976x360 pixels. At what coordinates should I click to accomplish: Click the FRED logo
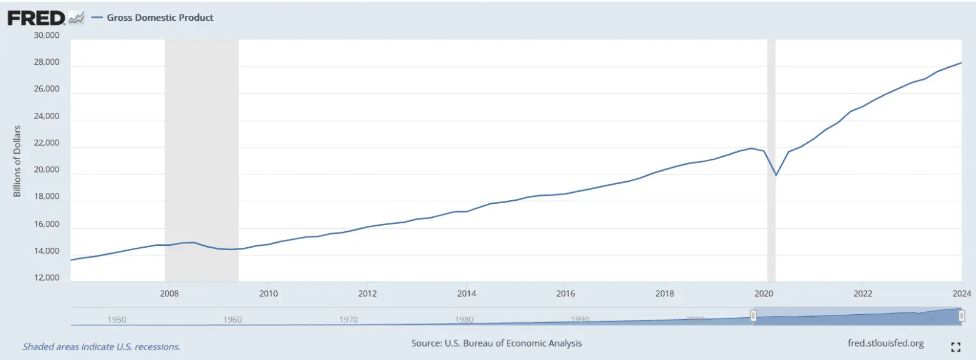pos(37,18)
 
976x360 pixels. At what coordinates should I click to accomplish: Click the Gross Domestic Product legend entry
pos(160,18)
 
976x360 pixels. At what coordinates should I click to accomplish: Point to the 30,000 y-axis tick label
pos(46,35)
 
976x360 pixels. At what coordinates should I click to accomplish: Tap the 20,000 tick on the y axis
pos(46,170)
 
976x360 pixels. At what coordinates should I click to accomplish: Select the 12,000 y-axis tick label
pos(46,278)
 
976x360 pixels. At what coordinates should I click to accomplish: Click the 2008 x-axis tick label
pos(169,293)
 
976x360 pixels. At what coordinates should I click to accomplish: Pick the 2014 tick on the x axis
pos(467,293)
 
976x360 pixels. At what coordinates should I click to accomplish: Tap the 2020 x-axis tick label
pos(764,293)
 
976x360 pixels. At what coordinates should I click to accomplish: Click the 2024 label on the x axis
pos(961,293)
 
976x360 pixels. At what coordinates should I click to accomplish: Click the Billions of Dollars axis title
pos(17,161)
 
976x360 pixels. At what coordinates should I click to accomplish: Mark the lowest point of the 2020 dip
pos(776,175)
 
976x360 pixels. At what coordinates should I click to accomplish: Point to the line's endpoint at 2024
pos(961,63)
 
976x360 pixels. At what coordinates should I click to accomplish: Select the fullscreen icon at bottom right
pos(955,347)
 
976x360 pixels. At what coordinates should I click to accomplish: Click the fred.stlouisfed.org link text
pos(885,344)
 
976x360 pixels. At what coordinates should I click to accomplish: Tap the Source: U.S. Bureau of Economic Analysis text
pos(497,344)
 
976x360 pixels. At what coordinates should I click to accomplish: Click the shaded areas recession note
pos(101,347)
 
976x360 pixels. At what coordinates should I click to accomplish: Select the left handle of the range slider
pos(753,315)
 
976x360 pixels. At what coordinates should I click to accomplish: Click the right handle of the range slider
pos(961,315)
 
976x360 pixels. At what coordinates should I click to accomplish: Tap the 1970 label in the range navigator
pos(348,320)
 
